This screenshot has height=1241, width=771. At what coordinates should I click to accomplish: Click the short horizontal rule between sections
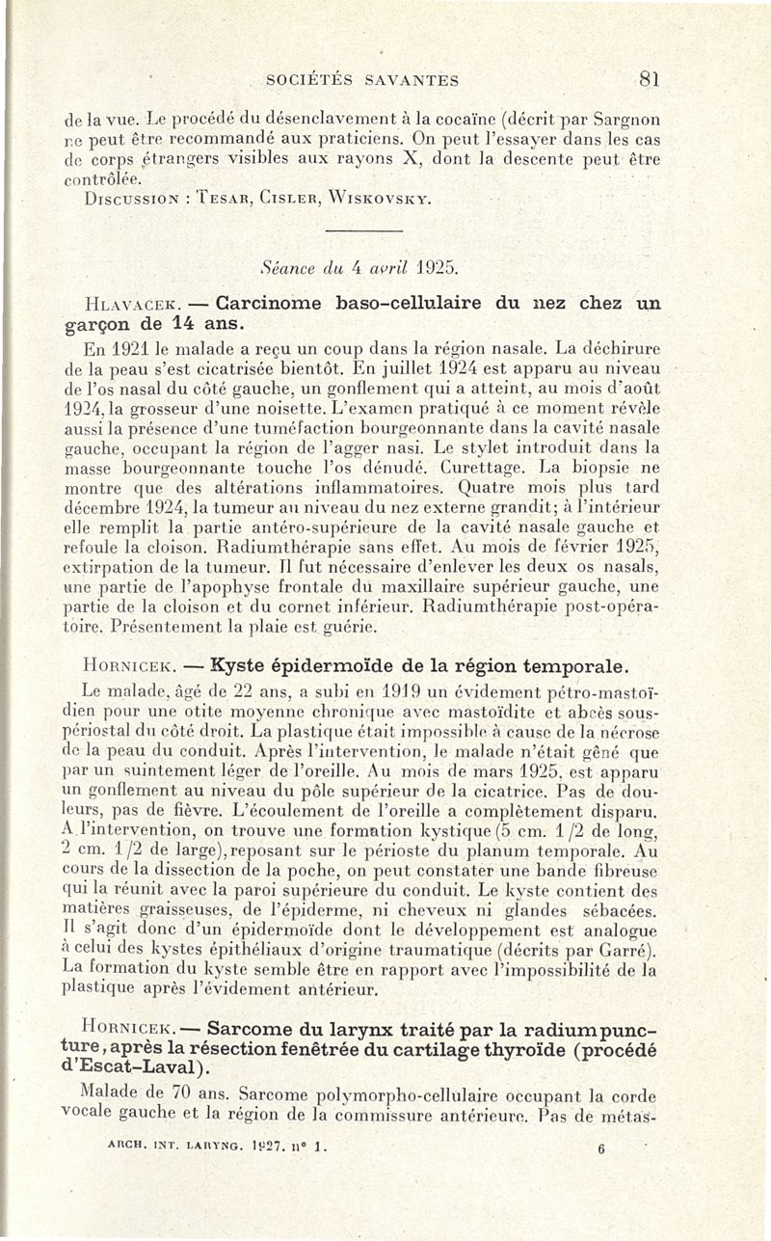363,231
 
